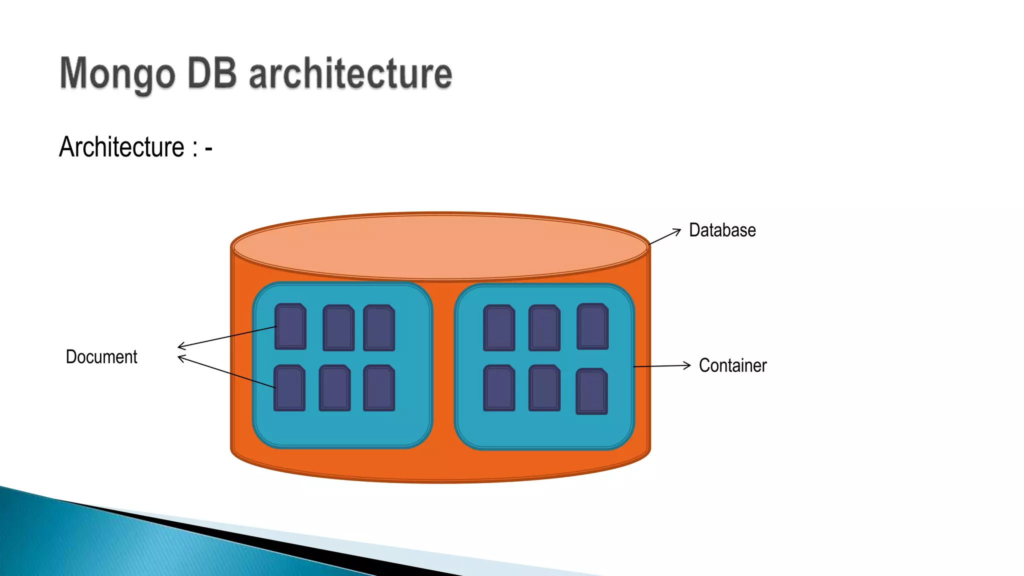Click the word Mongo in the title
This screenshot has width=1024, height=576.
[x=117, y=74]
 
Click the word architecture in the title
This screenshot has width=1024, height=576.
[x=350, y=74]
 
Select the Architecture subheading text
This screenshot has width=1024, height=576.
[x=122, y=147]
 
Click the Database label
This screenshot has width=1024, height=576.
[x=722, y=230]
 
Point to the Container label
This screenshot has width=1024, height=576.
[x=732, y=365]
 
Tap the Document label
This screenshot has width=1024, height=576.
[x=101, y=357]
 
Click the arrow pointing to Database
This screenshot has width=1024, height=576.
[x=665, y=237]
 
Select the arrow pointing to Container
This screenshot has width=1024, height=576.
[x=662, y=366]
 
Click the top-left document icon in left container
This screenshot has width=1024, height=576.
[x=290, y=326]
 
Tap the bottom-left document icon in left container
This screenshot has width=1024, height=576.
[x=289, y=388]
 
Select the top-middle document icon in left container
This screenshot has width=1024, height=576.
[x=338, y=327]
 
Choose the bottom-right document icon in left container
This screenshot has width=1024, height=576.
[x=379, y=388]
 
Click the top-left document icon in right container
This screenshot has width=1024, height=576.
[x=499, y=327]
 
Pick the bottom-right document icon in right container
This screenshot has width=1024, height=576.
[x=591, y=391]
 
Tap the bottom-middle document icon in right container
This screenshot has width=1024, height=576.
[x=544, y=388]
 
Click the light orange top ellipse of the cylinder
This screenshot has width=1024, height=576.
[x=440, y=246]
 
